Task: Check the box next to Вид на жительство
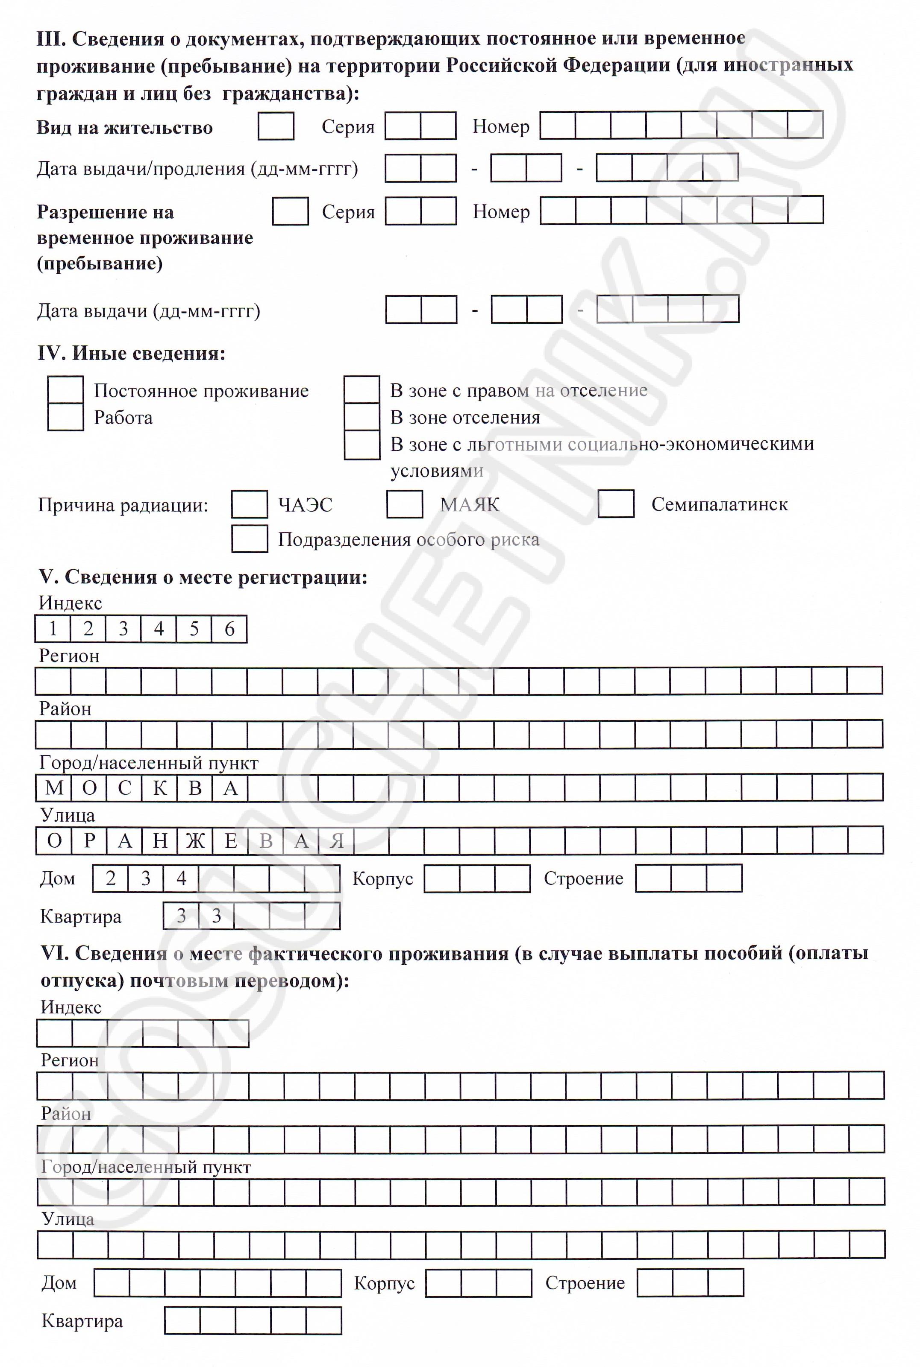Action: [x=276, y=126]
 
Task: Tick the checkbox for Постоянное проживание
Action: [x=65, y=390]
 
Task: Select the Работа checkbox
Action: [x=65, y=417]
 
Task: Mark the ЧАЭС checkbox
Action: [x=250, y=504]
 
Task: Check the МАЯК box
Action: [x=404, y=504]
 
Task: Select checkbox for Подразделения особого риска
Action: [x=250, y=539]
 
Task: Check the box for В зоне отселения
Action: [x=362, y=417]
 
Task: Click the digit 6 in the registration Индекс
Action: [x=229, y=629]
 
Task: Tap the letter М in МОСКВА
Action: [x=54, y=787]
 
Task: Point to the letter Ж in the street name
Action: [x=195, y=841]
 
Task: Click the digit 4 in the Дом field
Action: [x=181, y=878]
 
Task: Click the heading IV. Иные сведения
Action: [x=132, y=353]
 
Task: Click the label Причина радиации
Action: [x=123, y=505]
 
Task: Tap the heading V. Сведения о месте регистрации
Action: [x=203, y=577]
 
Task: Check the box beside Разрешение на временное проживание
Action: [x=291, y=211]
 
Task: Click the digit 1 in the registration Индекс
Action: [x=53, y=629]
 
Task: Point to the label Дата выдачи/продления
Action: [x=197, y=169]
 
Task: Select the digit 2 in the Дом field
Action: [x=110, y=878]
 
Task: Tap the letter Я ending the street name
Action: [x=336, y=841]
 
